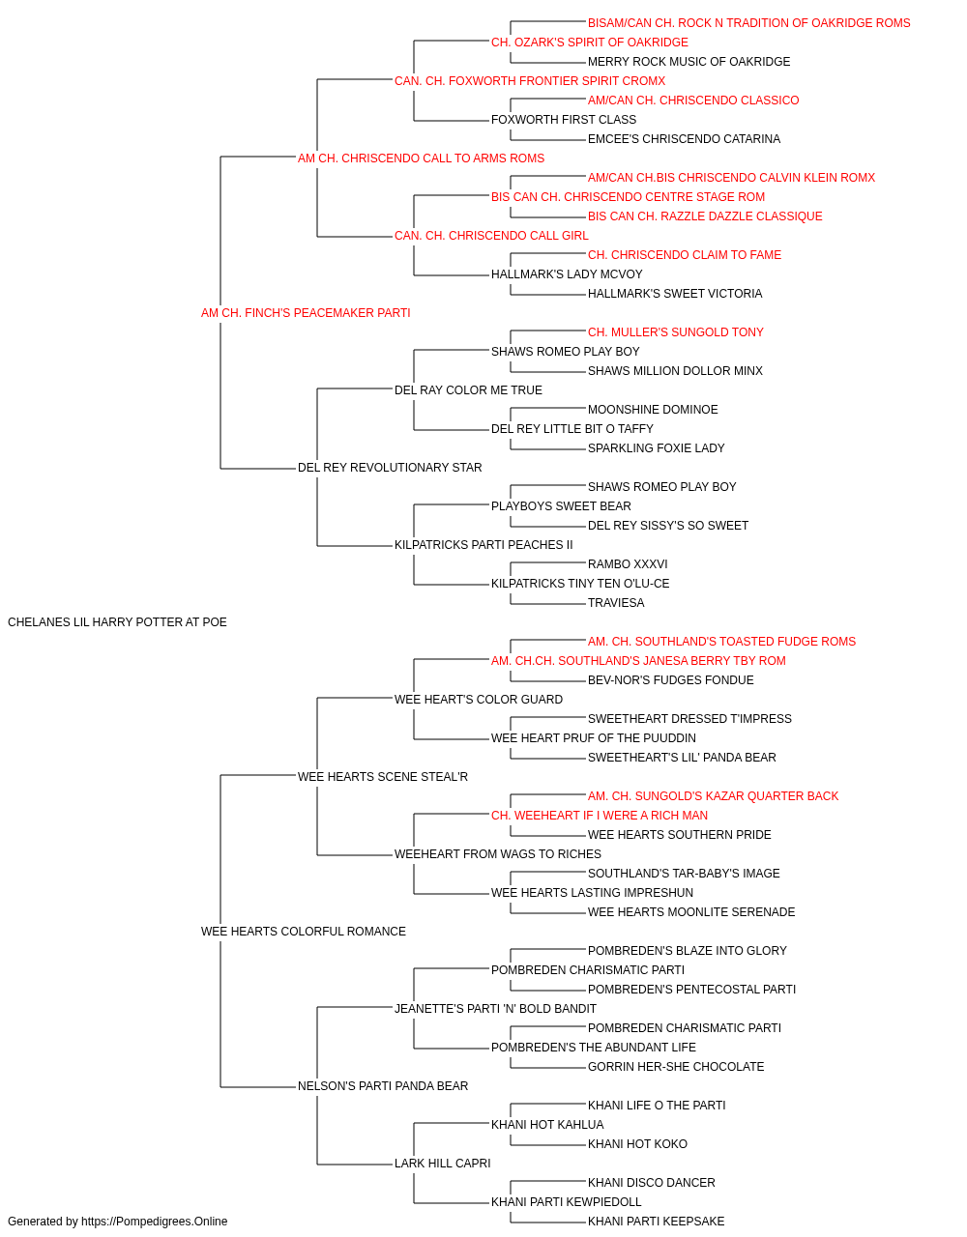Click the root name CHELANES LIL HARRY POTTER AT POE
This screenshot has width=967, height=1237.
117,622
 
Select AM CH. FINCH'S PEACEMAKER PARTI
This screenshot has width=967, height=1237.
306,313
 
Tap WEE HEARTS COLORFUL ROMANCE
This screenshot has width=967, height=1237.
304,932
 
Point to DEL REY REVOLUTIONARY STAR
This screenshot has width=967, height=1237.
390,468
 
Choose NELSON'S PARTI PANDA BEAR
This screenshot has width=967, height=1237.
383,1086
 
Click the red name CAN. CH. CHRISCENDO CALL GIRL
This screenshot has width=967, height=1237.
491,236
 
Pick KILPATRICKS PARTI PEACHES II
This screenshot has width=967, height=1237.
483,545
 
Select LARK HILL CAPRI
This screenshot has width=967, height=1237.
443,1164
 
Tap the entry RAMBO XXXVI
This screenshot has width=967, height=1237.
628,564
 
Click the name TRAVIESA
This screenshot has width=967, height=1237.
616,603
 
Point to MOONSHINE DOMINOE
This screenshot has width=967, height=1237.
653,410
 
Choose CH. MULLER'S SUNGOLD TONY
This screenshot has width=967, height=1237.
675,332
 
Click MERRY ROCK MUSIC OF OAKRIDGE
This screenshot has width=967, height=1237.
689,62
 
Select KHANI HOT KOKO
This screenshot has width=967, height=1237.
637,1144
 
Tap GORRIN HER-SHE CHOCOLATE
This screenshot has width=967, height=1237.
676,1067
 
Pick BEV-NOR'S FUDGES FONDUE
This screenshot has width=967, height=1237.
671,680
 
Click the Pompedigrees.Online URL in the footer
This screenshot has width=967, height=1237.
155,1222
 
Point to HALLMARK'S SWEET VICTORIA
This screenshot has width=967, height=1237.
675,294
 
